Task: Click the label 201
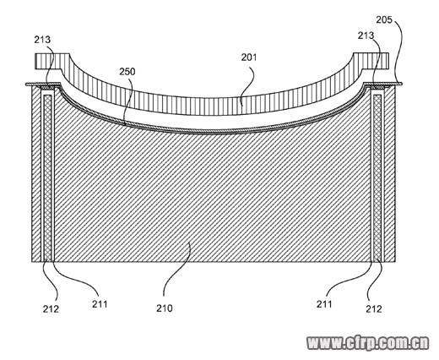pyautogui.click(x=249, y=57)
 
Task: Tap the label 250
pyautogui.click(x=127, y=72)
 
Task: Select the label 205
pyautogui.click(x=384, y=19)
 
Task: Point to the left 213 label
pyautogui.click(x=42, y=40)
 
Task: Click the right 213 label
pyautogui.click(x=366, y=35)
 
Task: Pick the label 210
pyautogui.click(x=165, y=308)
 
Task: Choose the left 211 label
pyautogui.click(x=100, y=304)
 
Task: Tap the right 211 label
pyautogui.click(x=324, y=304)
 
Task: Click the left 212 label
pyautogui.click(x=51, y=309)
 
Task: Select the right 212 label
pyautogui.click(x=374, y=309)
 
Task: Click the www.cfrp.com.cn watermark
pyautogui.click(x=368, y=343)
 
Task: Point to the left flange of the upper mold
pyautogui.click(x=52, y=61)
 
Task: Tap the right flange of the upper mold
pyautogui.click(x=371, y=61)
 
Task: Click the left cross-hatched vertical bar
pyautogui.click(x=48, y=177)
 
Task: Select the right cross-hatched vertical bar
pyautogui.click(x=377, y=177)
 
